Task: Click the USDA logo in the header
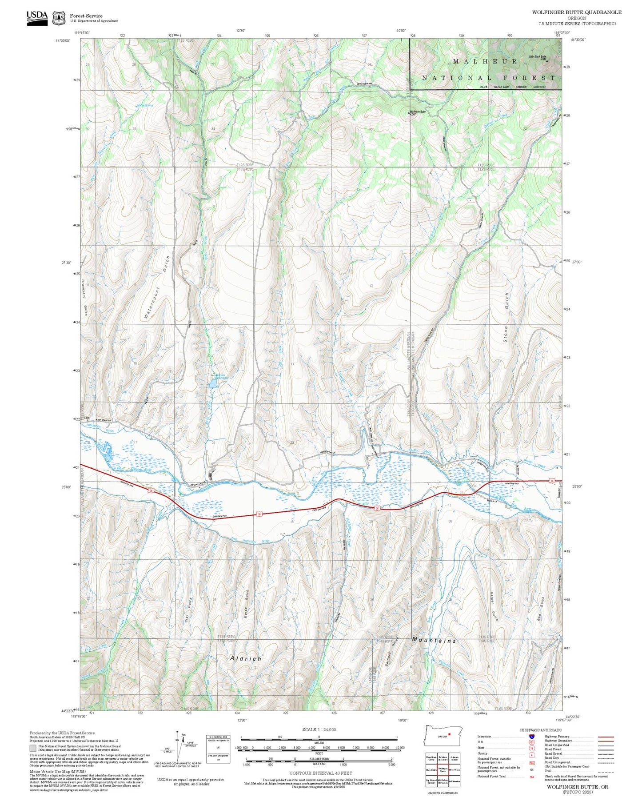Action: click(x=37, y=17)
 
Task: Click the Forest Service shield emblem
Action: click(x=59, y=18)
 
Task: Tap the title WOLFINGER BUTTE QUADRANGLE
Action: click(x=576, y=12)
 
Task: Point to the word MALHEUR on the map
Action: click(x=485, y=61)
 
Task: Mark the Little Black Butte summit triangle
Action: click(x=547, y=61)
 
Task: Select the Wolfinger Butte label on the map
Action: click(x=418, y=112)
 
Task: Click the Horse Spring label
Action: click(x=145, y=105)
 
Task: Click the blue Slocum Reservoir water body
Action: click(x=212, y=383)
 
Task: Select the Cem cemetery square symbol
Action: click(x=88, y=419)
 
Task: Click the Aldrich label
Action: click(x=246, y=658)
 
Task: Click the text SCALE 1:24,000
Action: click(x=319, y=729)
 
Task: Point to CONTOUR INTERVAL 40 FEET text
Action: click(x=320, y=773)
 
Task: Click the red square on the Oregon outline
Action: click(x=449, y=734)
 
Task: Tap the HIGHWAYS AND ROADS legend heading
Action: click(x=541, y=730)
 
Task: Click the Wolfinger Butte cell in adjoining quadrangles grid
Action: click(x=443, y=770)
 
